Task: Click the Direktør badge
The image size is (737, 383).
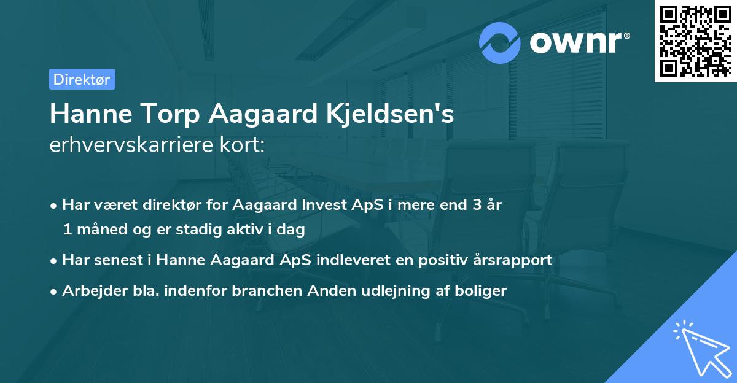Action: pos(82,80)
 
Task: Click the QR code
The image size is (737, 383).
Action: pos(695,41)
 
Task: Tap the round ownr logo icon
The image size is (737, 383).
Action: pos(500,44)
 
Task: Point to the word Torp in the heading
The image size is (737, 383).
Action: pos(160,115)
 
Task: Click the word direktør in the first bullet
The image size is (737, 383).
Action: pos(176,205)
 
